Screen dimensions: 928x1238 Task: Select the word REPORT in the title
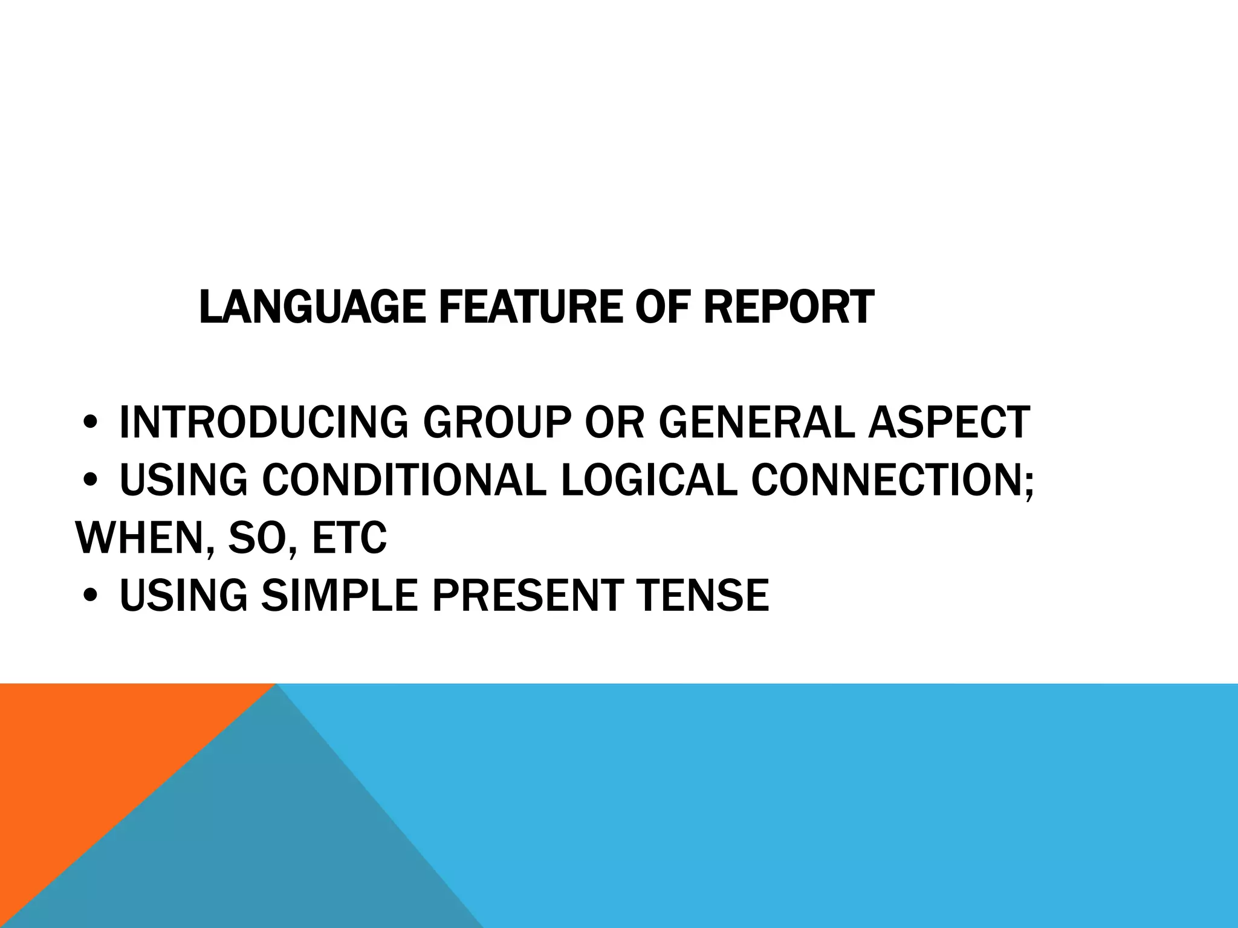(x=788, y=307)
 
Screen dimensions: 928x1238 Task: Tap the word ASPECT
(x=949, y=422)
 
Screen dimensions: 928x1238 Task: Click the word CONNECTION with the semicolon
(x=892, y=480)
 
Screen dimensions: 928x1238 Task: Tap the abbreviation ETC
(x=349, y=537)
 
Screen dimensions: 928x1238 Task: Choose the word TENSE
(x=701, y=595)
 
